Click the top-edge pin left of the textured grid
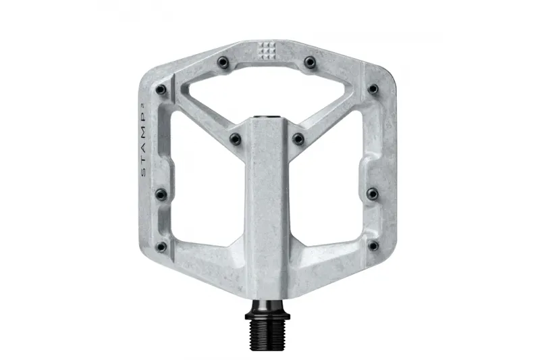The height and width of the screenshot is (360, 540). click(221, 62)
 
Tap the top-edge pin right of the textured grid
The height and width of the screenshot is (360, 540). click(309, 62)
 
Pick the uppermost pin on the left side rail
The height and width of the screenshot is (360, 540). click(161, 89)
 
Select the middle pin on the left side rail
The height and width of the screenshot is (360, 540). click(161, 195)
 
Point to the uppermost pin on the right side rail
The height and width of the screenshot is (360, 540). click(372, 89)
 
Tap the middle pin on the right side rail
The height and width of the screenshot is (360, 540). click(372, 195)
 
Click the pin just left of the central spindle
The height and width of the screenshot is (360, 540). click(234, 138)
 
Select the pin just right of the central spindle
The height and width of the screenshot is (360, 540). click(298, 138)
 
